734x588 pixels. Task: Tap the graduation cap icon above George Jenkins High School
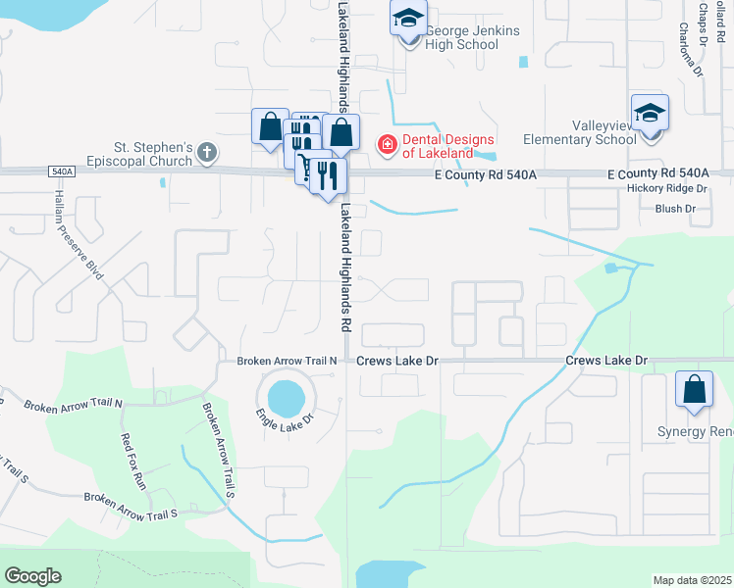(x=408, y=18)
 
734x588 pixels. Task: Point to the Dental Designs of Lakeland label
(x=437, y=146)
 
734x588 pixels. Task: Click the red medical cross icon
(x=387, y=146)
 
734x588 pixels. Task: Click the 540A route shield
(x=60, y=171)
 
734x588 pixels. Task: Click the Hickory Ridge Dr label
(x=667, y=187)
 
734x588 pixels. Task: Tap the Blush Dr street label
(x=674, y=209)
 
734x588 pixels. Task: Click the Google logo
(x=32, y=576)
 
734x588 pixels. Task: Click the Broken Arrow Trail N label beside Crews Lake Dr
(x=287, y=361)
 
